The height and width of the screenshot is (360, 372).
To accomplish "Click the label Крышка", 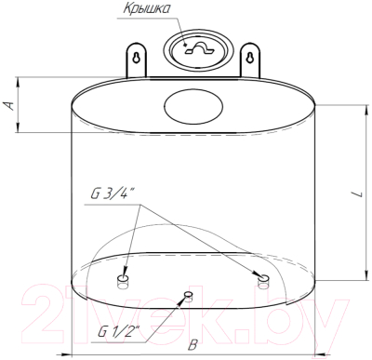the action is (x=147, y=8).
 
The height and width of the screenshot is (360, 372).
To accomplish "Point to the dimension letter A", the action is (x=10, y=105).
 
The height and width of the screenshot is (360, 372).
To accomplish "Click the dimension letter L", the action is (x=359, y=194).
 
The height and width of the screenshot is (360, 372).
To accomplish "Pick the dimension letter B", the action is (x=193, y=345).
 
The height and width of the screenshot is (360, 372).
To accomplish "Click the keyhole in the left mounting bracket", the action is (x=136, y=58).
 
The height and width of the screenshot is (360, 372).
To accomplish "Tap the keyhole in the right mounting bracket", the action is (x=250, y=58).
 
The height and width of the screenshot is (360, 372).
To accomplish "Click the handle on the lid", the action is (x=198, y=48).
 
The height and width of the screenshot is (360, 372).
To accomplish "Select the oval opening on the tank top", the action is (x=193, y=106).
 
